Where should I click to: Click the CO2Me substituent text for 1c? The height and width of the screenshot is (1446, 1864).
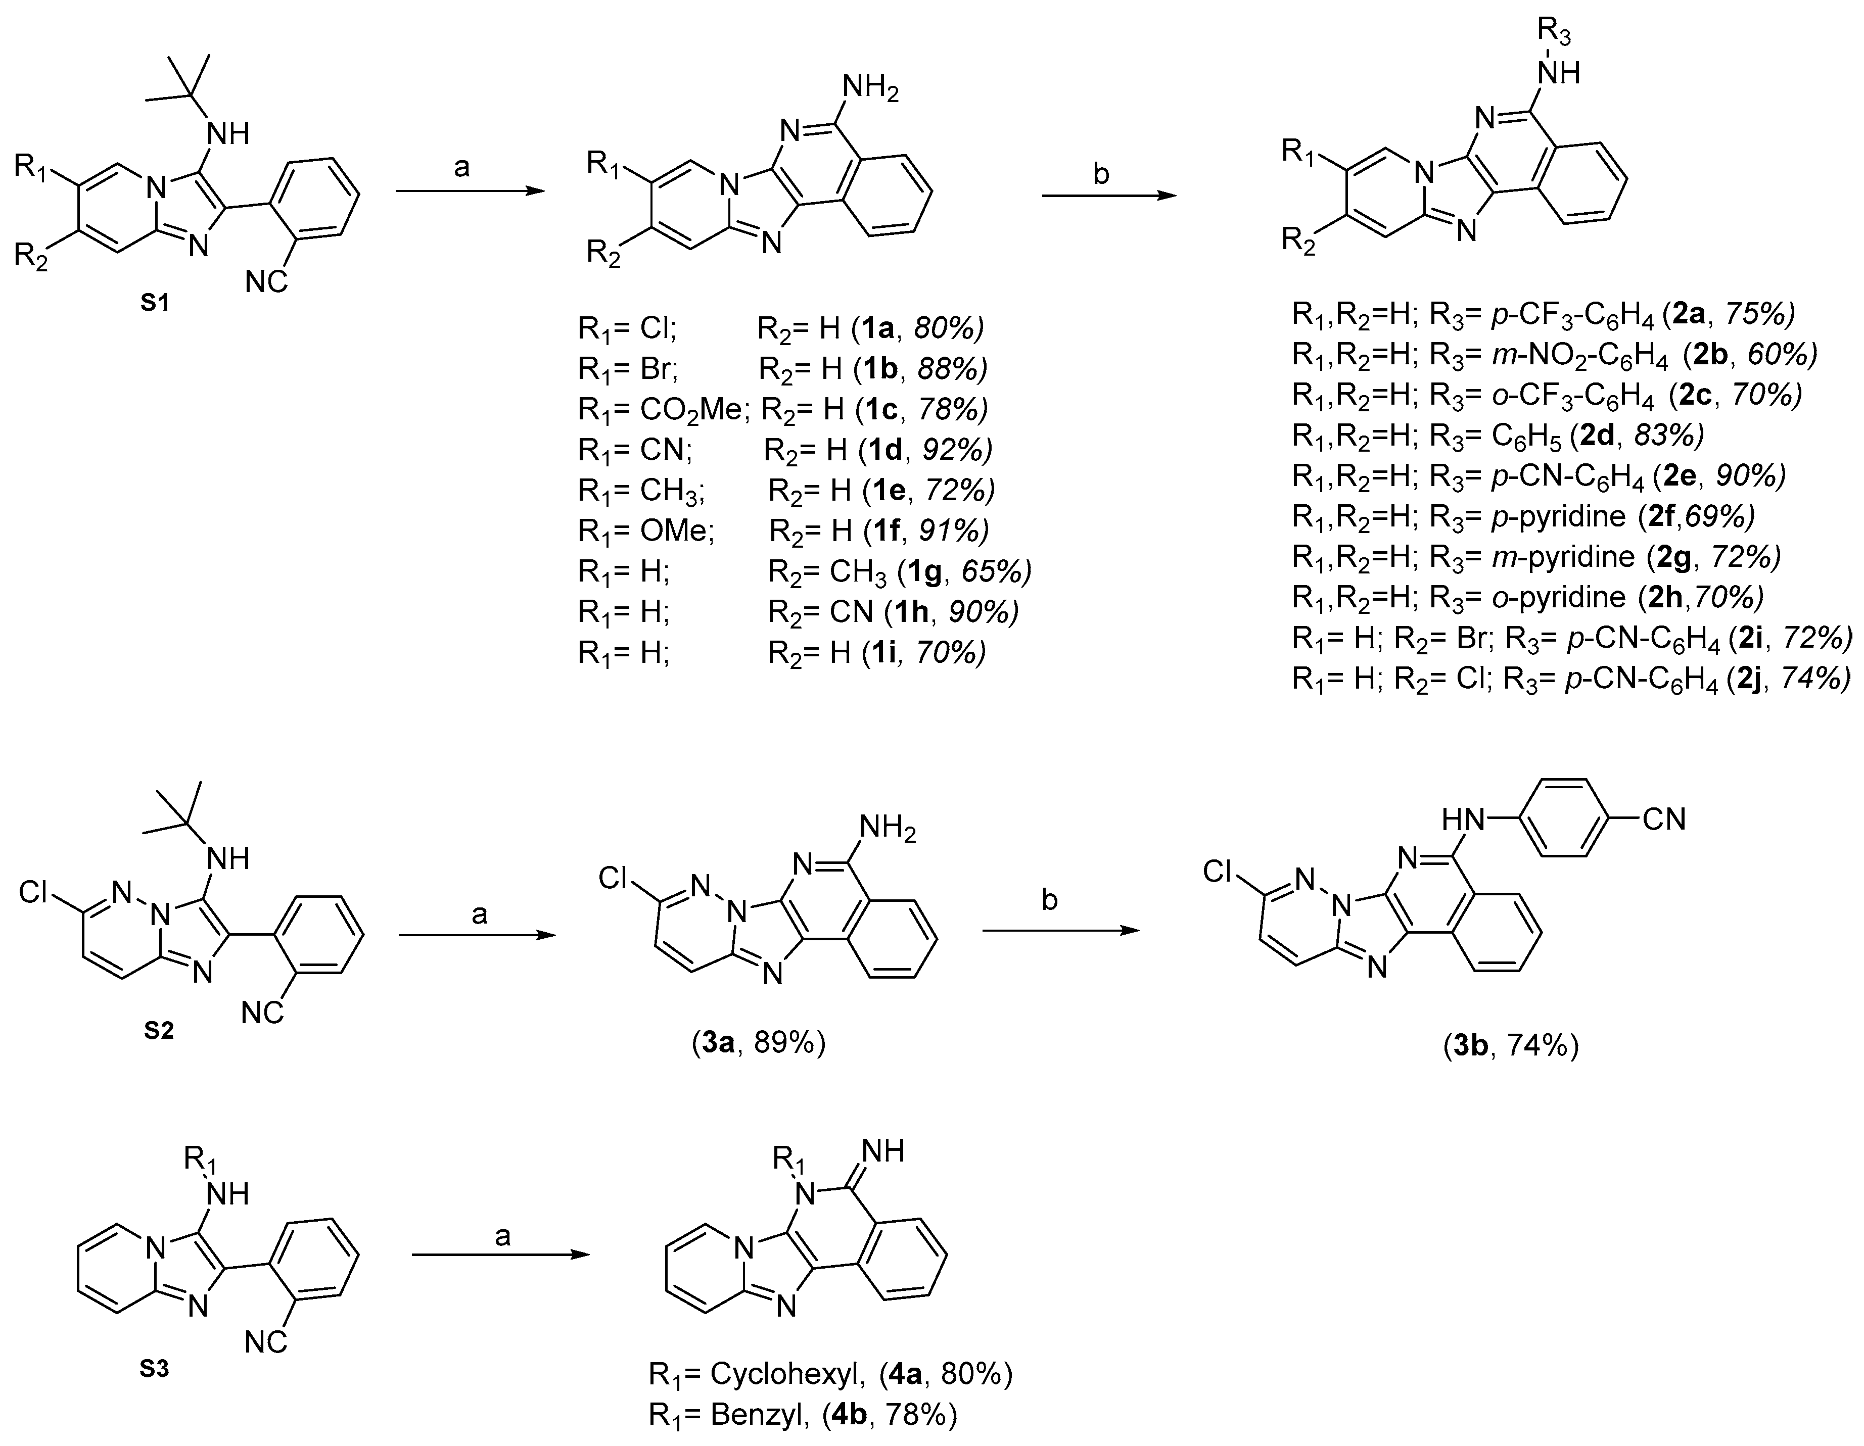point(693,409)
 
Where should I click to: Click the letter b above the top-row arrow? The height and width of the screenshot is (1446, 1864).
point(1101,174)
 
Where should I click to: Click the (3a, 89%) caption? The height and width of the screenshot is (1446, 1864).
point(758,1043)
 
